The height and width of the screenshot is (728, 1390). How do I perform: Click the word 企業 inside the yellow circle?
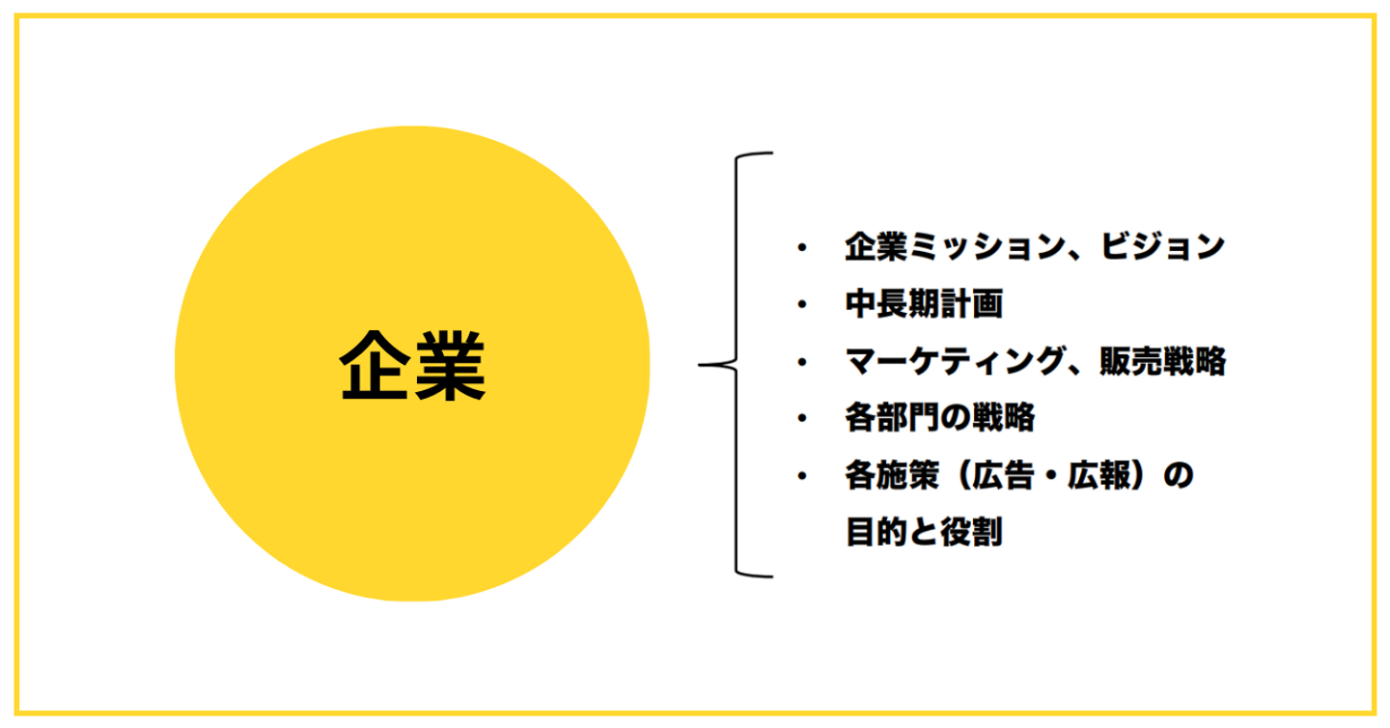coord(412,366)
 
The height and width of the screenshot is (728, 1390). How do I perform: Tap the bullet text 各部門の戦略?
coord(939,419)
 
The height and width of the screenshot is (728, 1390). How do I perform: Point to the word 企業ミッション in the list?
coord(955,248)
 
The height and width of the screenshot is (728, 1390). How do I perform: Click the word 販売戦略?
coord(1162,362)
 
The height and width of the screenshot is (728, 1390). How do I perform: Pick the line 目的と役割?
coord(924,532)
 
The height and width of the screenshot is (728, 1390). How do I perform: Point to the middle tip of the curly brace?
coord(702,365)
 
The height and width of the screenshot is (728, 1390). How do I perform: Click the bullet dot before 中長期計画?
coord(801,305)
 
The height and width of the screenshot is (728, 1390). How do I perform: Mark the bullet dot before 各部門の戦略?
coord(801,419)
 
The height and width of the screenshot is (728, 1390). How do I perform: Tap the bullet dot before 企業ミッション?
coord(801,248)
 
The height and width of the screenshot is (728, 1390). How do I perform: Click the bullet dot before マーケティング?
coord(801,362)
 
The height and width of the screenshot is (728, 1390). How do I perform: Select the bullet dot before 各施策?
coord(801,476)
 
